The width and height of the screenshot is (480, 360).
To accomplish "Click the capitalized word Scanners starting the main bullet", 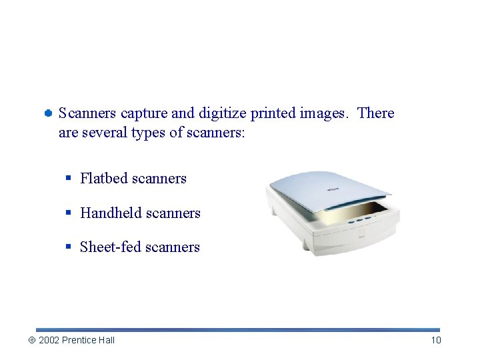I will pos(87,113).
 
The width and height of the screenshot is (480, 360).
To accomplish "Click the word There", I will pos(376,113).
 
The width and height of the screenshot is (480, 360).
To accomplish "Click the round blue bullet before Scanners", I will pos(49,114).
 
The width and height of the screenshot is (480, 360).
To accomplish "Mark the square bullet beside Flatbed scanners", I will pos(69,179).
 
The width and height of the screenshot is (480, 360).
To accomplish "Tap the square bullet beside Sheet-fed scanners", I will pos(69,247).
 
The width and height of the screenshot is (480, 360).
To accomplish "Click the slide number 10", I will pos(436,340).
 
